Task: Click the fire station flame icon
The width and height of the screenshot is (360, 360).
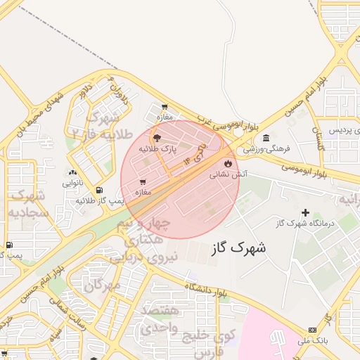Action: [x=227, y=163]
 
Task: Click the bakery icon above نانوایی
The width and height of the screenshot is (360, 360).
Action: [x=72, y=172]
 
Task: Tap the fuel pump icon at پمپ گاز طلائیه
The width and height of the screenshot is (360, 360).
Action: [x=98, y=190]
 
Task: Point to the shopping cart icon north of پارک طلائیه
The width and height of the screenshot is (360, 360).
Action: [x=165, y=108]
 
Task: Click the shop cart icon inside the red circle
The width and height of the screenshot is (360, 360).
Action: [x=143, y=181]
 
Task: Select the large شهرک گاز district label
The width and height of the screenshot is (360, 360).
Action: [x=238, y=247]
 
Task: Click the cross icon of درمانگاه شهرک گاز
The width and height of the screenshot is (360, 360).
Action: [x=304, y=212]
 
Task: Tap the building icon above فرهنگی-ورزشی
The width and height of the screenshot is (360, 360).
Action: [x=265, y=139]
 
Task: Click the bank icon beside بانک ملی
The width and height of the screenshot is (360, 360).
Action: [x=312, y=330]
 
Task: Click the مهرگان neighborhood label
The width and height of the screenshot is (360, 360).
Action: [x=102, y=285]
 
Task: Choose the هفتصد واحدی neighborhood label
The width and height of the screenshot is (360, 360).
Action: [x=160, y=319]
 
